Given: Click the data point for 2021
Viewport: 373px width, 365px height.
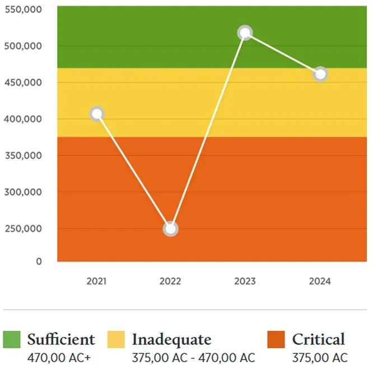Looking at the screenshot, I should [97, 114].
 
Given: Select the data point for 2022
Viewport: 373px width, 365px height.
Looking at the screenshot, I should [171, 229].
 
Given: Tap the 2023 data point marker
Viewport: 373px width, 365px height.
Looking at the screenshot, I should [245, 33].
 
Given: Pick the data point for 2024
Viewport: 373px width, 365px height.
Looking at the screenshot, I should [320, 74].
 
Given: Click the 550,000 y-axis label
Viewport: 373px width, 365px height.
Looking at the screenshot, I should [24, 10].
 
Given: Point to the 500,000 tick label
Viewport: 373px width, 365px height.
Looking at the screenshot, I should [24, 46].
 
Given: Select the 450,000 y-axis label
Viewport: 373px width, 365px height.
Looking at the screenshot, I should [24, 83].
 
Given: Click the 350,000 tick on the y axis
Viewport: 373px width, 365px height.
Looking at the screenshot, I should [24, 155].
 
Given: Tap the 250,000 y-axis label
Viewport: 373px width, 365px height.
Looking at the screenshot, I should [24, 229].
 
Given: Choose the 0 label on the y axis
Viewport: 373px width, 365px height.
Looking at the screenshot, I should [39, 262].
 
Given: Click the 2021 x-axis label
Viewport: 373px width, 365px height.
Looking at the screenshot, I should [96, 281].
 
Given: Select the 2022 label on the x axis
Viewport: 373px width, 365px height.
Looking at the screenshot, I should [170, 281].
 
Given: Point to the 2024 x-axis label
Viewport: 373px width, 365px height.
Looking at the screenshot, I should [320, 281].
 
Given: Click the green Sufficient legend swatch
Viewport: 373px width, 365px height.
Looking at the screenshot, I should [12, 339].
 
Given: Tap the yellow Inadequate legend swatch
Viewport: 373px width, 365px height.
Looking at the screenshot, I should [116, 339].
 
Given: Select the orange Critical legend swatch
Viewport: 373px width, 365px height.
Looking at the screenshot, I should [276, 339].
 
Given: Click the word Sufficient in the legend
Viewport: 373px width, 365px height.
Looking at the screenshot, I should [61, 339].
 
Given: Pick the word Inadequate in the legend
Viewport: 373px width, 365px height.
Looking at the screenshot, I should [171, 339].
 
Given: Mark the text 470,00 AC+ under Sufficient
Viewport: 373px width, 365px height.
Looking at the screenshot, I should [59, 358].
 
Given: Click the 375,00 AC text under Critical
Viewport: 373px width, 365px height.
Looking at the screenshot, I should [319, 358].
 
